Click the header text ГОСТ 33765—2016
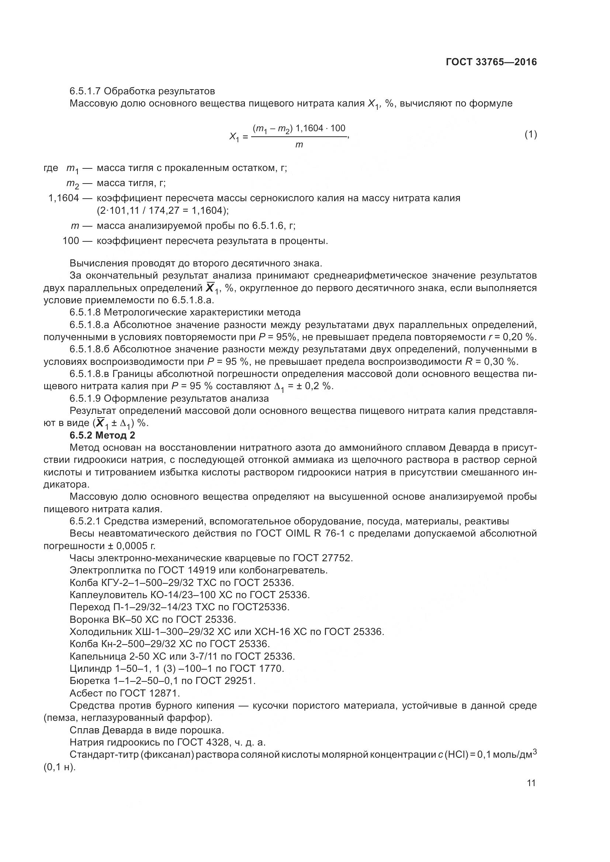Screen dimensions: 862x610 tap(491, 62)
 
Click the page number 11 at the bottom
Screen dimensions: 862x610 tap(531, 783)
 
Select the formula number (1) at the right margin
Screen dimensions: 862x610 tap(530, 135)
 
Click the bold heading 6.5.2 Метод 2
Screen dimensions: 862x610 tap(102, 435)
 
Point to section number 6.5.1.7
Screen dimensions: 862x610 tap(85, 91)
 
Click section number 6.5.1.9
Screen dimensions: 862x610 tap(85, 398)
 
